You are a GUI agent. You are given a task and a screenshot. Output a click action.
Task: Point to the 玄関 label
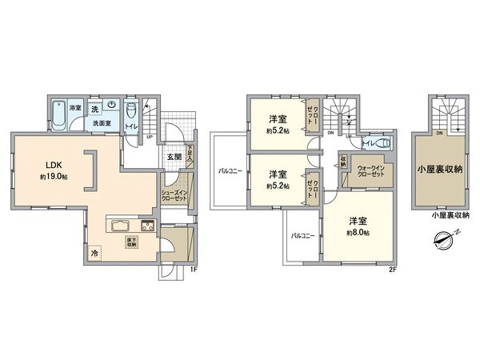pos(174,156)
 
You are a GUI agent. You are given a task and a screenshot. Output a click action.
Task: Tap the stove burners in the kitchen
pos(148,224)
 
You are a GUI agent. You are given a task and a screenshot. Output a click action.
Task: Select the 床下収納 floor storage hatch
pos(129,242)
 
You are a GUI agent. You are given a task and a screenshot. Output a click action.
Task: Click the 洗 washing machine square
pos(94,108)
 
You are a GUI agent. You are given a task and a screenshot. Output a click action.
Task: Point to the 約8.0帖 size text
pos(358,232)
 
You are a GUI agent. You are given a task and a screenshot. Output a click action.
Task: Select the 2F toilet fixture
pos(376,144)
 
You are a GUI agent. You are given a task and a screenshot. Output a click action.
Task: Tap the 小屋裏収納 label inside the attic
pos(440,169)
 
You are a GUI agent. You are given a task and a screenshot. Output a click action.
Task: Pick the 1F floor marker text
pos(194,270)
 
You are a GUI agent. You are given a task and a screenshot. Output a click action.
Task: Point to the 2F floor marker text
pos(392,270)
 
